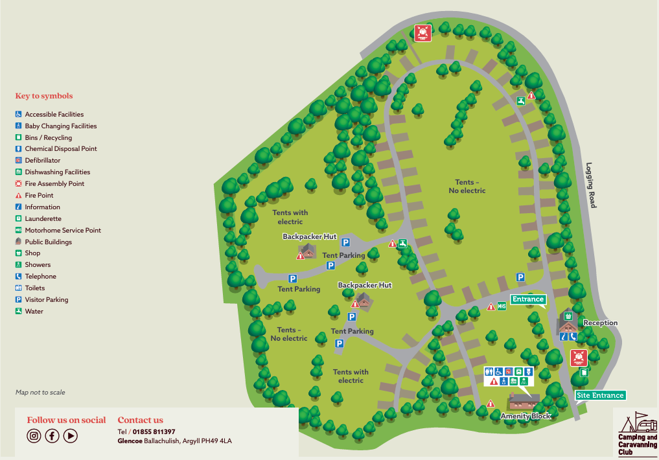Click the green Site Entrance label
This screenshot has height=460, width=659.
pos(601,395)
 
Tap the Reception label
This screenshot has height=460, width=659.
pos(601,323)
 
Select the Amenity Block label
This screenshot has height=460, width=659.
pos(526,416)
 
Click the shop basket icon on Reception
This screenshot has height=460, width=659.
pos(568,316)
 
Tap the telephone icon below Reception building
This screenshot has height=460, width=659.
pos(573,336)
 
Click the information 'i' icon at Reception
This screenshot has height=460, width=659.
pos(564,336)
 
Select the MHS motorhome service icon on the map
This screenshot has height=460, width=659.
pos(502,306)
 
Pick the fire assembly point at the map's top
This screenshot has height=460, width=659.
pos(422,33)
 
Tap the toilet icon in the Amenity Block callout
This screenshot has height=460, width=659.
pos(489,371)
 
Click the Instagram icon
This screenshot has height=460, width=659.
pos(34,436)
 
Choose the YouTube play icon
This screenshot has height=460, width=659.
pos(71,436)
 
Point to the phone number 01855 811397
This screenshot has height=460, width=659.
pos(154,431)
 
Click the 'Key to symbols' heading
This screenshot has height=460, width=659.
pos(44,96)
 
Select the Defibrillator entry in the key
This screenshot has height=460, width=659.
pos(43,160)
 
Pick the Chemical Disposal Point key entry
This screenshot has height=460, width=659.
pos(60,148)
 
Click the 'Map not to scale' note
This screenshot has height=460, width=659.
pos(40,392)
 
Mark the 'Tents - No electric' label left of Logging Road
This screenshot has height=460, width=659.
pos(467,187)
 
